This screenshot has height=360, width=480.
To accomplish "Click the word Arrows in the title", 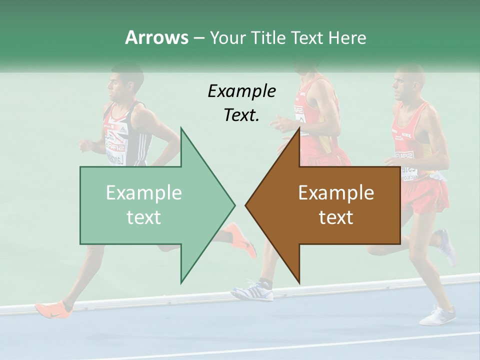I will (156, 37).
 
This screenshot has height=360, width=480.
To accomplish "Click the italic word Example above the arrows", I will (241, 91).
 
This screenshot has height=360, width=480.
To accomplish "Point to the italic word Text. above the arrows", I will (241, 115).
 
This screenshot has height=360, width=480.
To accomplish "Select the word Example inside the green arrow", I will (144, 192).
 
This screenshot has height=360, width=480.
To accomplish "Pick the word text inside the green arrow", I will (144, 217).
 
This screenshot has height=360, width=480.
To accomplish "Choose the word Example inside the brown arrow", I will (336, 192).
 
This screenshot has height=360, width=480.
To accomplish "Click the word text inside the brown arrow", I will (336, 217).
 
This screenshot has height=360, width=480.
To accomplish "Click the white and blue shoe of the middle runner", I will (253, 290).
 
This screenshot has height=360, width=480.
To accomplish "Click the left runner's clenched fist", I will (86, 145).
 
